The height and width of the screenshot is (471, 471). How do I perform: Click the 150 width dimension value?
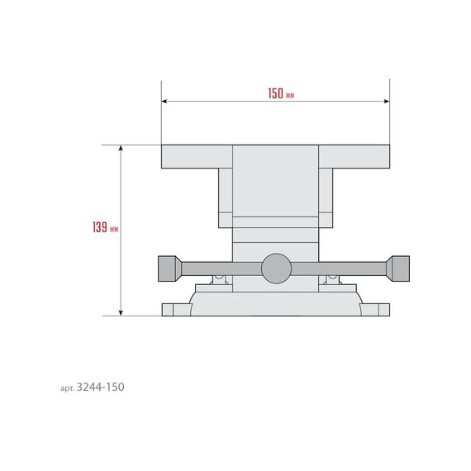coord(275,93)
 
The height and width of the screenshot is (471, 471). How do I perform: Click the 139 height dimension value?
coord(100,227)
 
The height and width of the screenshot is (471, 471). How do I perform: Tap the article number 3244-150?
coord(100,387)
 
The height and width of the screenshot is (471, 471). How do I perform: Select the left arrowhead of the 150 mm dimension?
coord(164,102)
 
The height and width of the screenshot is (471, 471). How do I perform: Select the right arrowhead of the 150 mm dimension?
coord(387,102)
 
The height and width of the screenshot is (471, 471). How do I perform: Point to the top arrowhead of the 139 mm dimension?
coord(121,148)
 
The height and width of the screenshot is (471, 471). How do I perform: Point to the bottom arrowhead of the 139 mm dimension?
coord(121,312)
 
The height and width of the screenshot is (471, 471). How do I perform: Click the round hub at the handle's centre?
coord(276,269)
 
